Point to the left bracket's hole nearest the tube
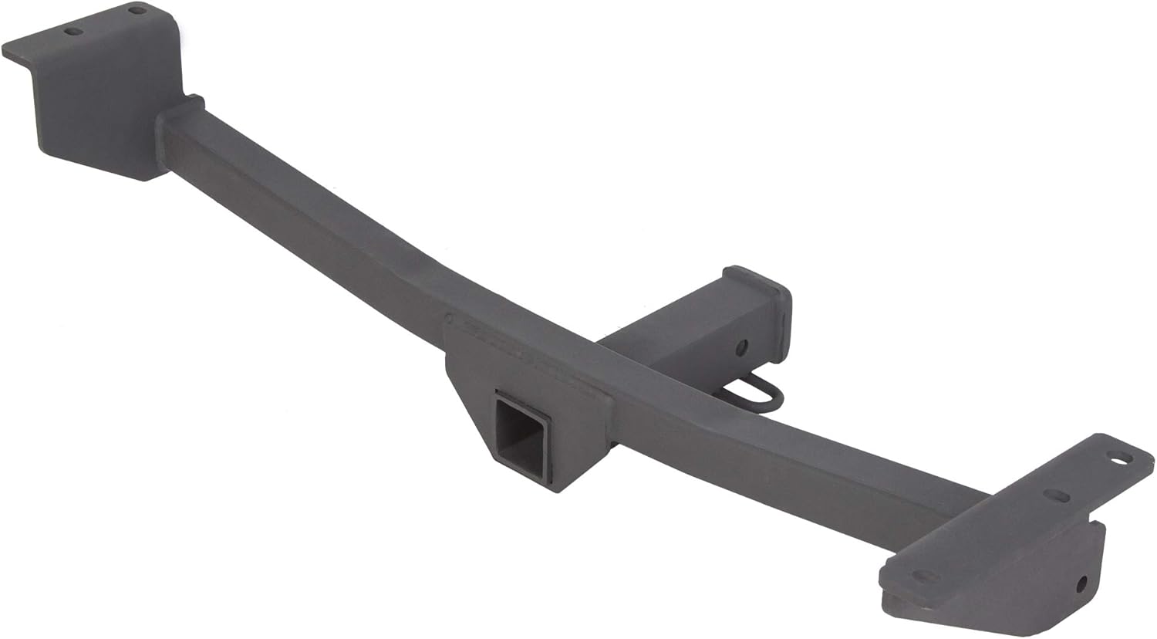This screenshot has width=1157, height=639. (137, 11)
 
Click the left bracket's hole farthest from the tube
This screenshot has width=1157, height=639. (73, 32)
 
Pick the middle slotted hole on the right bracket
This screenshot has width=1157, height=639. (1057, 495)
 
